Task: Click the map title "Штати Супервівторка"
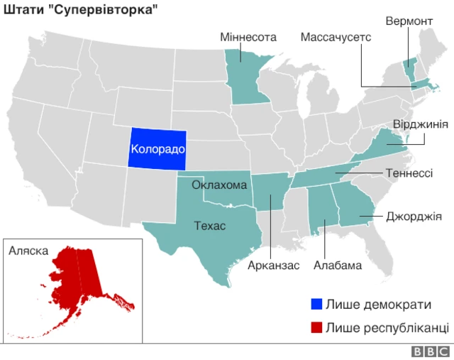click(x=80, y=10)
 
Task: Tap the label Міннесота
click(x=248, y=37)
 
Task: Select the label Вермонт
click(x=409, y=21)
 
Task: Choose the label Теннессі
click(x=409, y=173)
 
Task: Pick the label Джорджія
click(x=414, y=215)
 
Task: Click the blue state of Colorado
click(x=157, y=149)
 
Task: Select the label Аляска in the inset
click(x=28, y=251)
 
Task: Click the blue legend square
click(x=316, y=305)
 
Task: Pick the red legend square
click(x=316, y=327)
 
